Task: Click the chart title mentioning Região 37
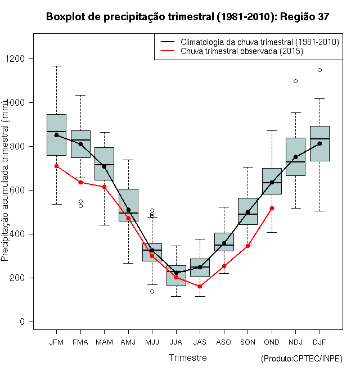[x=187, y=17]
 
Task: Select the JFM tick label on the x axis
[x=56, y=342]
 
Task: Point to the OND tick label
[x=272, y=342]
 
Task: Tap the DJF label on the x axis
[x=319, y=342]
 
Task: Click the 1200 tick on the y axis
[x=22, y=58]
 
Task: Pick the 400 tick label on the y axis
[x=24, y=234]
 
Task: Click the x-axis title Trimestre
[x=187, y=358]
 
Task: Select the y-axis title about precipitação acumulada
[x=6, y=180]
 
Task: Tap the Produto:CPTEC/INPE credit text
[x=301, y=359]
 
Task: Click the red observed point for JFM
[x=56, y=166]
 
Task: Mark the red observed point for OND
[x=272, y=208]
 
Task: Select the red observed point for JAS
[x=200, y=286]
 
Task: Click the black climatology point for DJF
[x=319, y=143]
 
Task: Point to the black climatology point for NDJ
[x=295, y=157]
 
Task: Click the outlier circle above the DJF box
[x=319, y=70]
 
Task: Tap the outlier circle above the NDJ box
[x=295, y=81]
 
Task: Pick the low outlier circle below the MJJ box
[x=152, y=291]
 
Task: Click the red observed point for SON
[x=247, y=246]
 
